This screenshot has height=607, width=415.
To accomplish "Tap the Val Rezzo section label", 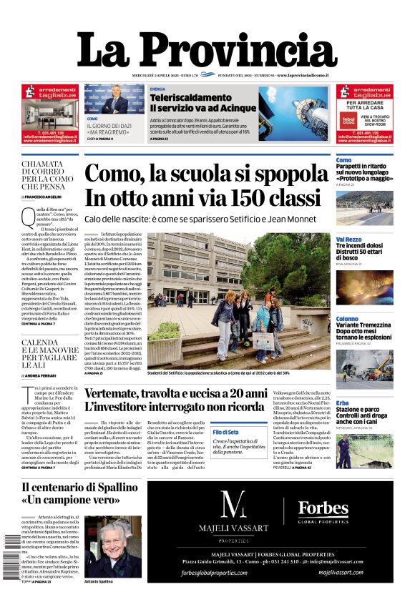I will tap(348, 240).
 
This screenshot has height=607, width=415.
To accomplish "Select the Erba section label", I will tap(343, 403).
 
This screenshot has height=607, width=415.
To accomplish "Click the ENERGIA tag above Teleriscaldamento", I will tap(157, 89).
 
